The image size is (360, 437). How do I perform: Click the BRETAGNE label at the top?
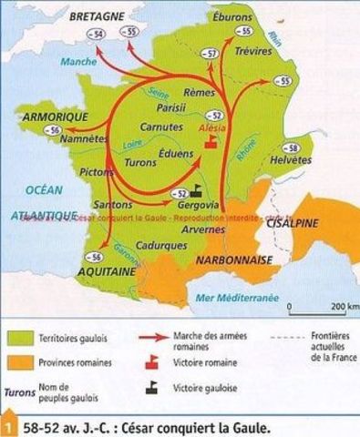pos(74,15)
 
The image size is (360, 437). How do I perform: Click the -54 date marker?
pos(93,34)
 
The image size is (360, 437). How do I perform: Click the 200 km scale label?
pos(345,306)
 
